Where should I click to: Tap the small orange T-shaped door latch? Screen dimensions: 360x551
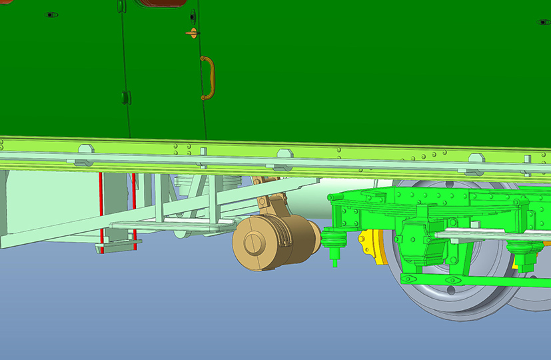[193, 32]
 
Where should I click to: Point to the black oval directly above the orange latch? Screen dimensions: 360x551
[193, 15]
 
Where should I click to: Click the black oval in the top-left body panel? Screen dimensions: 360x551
[51, 14]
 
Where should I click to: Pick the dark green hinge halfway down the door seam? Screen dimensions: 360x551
[125, 97]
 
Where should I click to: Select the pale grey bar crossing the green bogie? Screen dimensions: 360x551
[480, 235]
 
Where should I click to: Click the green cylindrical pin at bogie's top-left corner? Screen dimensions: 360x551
[330, 197]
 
